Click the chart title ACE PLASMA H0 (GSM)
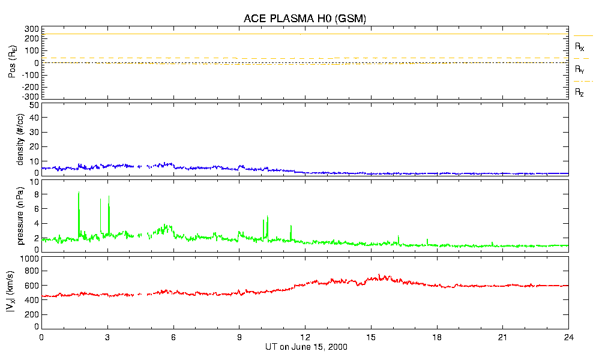(x=305, y=19)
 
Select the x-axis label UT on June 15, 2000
(x=306, y=347)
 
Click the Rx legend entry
(x=580, y=46)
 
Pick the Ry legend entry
(x=580, y=70)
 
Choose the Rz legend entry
(x=580, y=92)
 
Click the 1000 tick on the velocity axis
(x=29, y=259)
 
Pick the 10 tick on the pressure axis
(x=34, y=182)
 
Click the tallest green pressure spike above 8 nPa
(x=79, y=193)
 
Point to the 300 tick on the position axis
(x=31, y=29)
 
